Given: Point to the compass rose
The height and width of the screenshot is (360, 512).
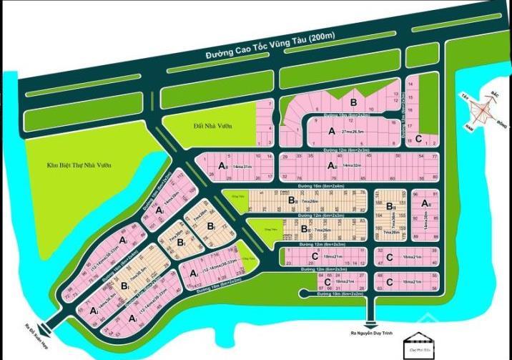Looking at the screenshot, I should (482, 112).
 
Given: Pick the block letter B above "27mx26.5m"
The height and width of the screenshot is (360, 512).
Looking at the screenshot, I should (353, 103).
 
